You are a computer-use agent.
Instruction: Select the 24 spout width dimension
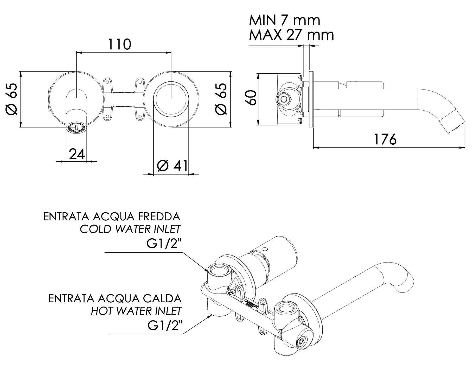click(77, 154)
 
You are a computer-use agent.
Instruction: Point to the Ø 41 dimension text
click(172, 165)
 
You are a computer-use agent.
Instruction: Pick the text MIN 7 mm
click(285, 20)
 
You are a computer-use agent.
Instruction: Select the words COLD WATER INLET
click(130, 229)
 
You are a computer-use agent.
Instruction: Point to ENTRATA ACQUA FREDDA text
click(112, 216)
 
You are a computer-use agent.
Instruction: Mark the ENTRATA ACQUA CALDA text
click(115, 298)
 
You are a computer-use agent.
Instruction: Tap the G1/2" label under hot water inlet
click(165, 325)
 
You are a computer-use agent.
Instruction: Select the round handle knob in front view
click(171, 98)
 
